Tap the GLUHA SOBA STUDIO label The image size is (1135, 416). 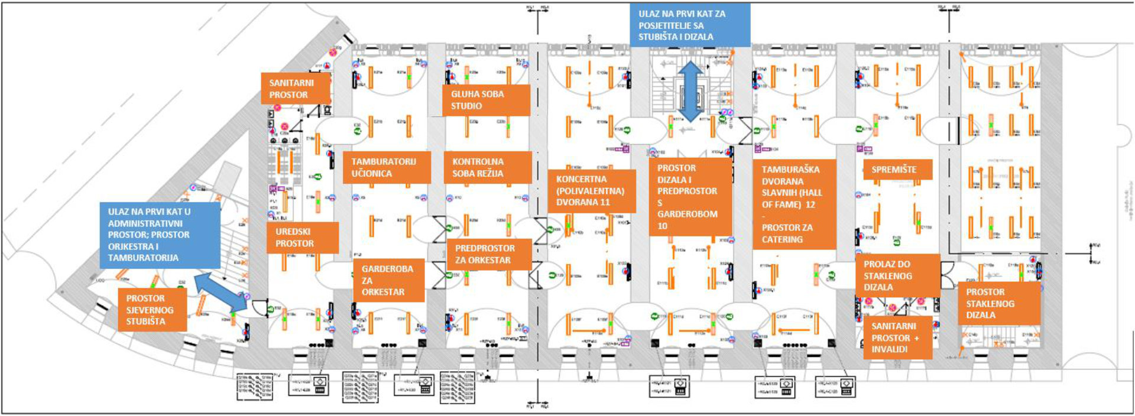click(486, 100)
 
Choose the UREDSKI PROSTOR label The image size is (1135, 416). click(301, 238)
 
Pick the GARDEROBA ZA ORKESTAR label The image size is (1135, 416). click(388, 280)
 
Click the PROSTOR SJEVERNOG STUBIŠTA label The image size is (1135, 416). click(152, 310)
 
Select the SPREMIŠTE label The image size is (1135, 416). click(897, 170)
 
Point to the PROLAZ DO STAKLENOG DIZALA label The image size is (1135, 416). click(897, 275)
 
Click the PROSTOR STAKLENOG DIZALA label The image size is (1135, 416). click(998, 303)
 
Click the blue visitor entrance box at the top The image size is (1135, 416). click(689, 25)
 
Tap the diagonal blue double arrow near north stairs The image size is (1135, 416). click(220, 290)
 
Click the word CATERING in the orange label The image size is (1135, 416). click(782, 239)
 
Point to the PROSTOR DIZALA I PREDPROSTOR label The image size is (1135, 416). click(689, 196)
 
